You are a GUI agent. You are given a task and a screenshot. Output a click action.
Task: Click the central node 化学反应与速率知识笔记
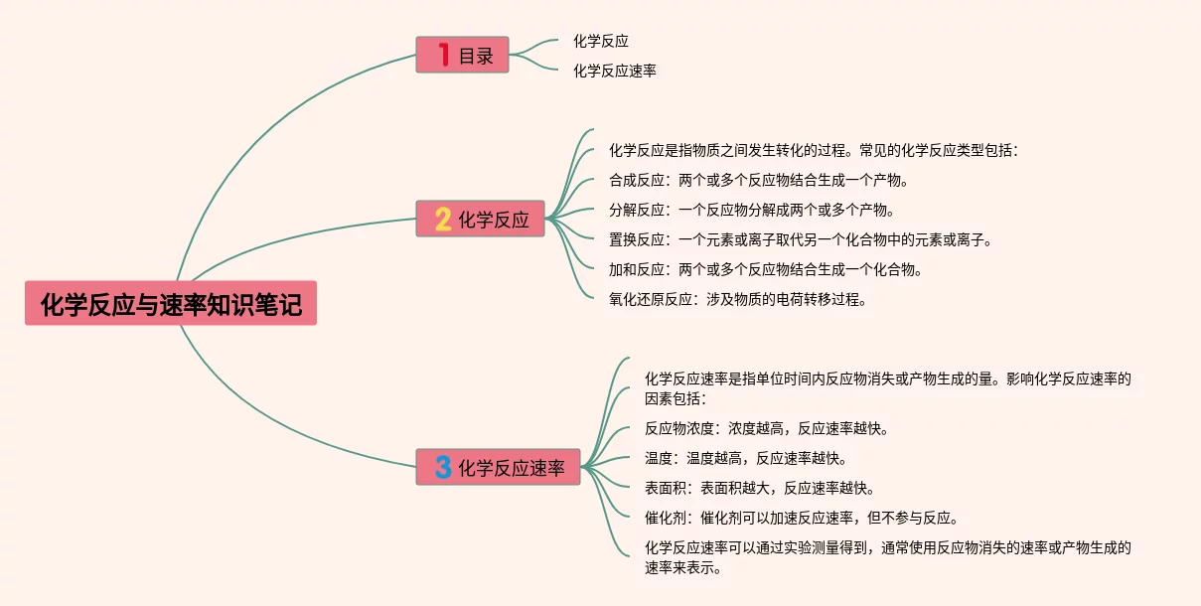click(171, 303)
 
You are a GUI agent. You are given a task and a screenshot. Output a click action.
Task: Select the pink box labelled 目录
click(462, 56)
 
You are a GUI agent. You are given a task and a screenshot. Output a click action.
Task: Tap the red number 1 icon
click(443, 56)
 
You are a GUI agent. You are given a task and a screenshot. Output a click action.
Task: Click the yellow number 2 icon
click(443, 220)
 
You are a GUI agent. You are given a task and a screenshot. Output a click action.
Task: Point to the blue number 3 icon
click(443, 467)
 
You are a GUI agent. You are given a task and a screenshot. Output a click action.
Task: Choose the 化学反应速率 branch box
click(500, 467)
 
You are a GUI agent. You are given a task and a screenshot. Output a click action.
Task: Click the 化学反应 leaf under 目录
click(601, 41)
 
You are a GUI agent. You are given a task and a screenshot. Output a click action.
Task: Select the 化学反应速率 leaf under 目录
click(615, 71)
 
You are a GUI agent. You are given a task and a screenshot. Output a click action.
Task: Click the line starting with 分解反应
click(752, 210)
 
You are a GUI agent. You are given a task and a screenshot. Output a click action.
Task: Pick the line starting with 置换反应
click(801, 239)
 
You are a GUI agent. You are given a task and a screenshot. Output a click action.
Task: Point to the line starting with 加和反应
click(766, 269)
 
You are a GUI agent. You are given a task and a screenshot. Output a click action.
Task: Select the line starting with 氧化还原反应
click(738, 298)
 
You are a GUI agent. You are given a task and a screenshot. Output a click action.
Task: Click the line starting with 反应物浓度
click(766, 429)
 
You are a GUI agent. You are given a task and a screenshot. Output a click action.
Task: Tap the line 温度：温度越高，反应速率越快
click(745, 458)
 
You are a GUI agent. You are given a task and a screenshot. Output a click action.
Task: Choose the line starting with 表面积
click(759, 488)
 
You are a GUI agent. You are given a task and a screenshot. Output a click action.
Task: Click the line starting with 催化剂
click(801, 518)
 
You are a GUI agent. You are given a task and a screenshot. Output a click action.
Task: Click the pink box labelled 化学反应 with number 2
click(481, 220)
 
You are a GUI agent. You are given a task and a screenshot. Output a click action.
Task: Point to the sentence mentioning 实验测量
click(888, 556)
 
